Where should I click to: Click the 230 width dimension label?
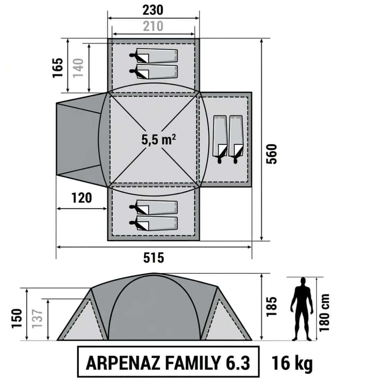coord(153,10)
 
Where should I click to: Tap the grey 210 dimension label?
coord(153,26)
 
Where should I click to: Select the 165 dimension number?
coord(58,68)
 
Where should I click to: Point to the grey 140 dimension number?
coord(78,68)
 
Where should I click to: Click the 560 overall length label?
coord(271,154)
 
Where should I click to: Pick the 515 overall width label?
coord(154,258)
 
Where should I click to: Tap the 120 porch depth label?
coord(81,198)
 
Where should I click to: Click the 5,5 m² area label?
coord(159,140)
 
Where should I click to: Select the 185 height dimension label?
coord(271,306)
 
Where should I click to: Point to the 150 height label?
coord(17,318)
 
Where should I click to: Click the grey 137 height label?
coord(37,318)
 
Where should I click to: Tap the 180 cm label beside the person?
coord(324,313)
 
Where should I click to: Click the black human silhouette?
coord(302,309)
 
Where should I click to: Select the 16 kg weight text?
coord(292,363)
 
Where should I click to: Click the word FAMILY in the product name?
coord(193,363)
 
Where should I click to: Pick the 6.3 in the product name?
coord(238,363)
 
